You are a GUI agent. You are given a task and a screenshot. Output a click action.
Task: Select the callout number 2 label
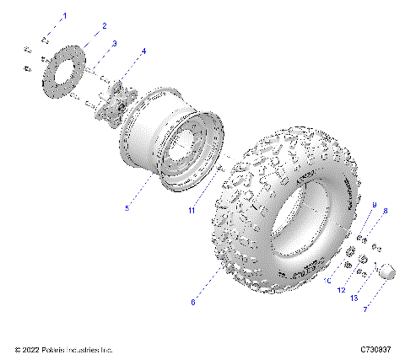[104, 27]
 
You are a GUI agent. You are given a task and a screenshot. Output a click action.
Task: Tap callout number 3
[115, 42]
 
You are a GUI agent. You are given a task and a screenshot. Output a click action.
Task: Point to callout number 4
[143, 51]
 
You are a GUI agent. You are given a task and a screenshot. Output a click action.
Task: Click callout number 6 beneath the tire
[193, 301]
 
